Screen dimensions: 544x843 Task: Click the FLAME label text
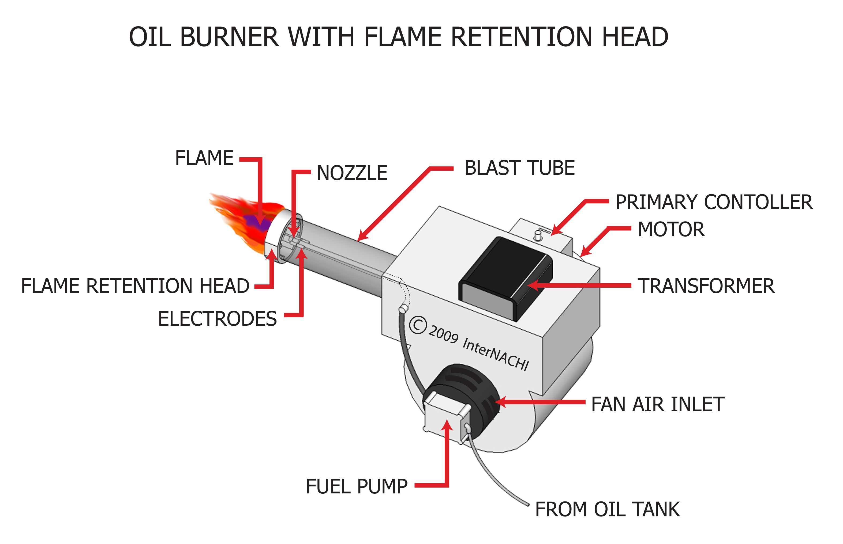(x=204, y=158)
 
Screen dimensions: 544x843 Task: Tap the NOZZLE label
(x=351, y=173)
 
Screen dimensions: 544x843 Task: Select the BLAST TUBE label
(x=519, y=168)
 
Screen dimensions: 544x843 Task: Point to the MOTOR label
(x=671, y=229)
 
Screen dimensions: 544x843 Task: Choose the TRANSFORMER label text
(x=706, y=286)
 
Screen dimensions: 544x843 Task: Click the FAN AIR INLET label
(x=657, y=405)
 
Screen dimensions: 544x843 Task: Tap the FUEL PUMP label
(x=357, y=486)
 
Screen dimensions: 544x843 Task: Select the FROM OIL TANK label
(x=607, y=509)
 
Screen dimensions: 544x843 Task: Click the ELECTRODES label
(x=217, y=319)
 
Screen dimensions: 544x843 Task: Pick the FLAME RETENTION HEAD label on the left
(x=135, y=286)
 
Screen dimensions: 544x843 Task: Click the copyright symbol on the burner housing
(x=418, y=325)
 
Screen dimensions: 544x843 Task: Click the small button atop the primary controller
(x=538, y=235)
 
